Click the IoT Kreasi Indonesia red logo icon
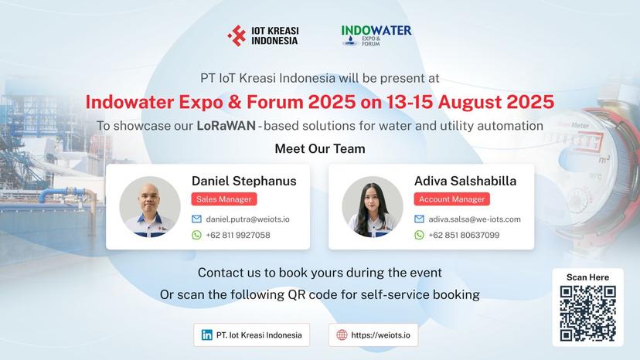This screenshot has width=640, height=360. coord(237,36)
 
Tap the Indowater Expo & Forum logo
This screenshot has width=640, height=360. coord(376,36)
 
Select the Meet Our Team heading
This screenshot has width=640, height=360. coord(320,148)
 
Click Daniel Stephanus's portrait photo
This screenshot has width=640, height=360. coord(145,206)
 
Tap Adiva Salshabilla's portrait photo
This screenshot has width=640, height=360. coord(372,206)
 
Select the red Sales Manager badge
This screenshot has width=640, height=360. coord(223,199)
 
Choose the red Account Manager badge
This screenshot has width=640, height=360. coord(452,199)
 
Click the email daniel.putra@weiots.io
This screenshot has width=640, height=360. coord(247,219)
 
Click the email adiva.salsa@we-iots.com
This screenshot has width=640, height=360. coord(475,219)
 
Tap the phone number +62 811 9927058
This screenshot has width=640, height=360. coord(238,235)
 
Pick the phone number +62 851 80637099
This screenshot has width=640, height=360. coord(464,235)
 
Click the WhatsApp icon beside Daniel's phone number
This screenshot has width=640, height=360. coord(196,235)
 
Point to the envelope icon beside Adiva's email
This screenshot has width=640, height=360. coord(419,219)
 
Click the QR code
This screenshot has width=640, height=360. coord(587,313)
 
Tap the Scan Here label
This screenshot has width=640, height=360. coord(587,277)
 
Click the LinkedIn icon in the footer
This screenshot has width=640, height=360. coord(206,335)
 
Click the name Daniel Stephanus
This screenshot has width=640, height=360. coord(243,181)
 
